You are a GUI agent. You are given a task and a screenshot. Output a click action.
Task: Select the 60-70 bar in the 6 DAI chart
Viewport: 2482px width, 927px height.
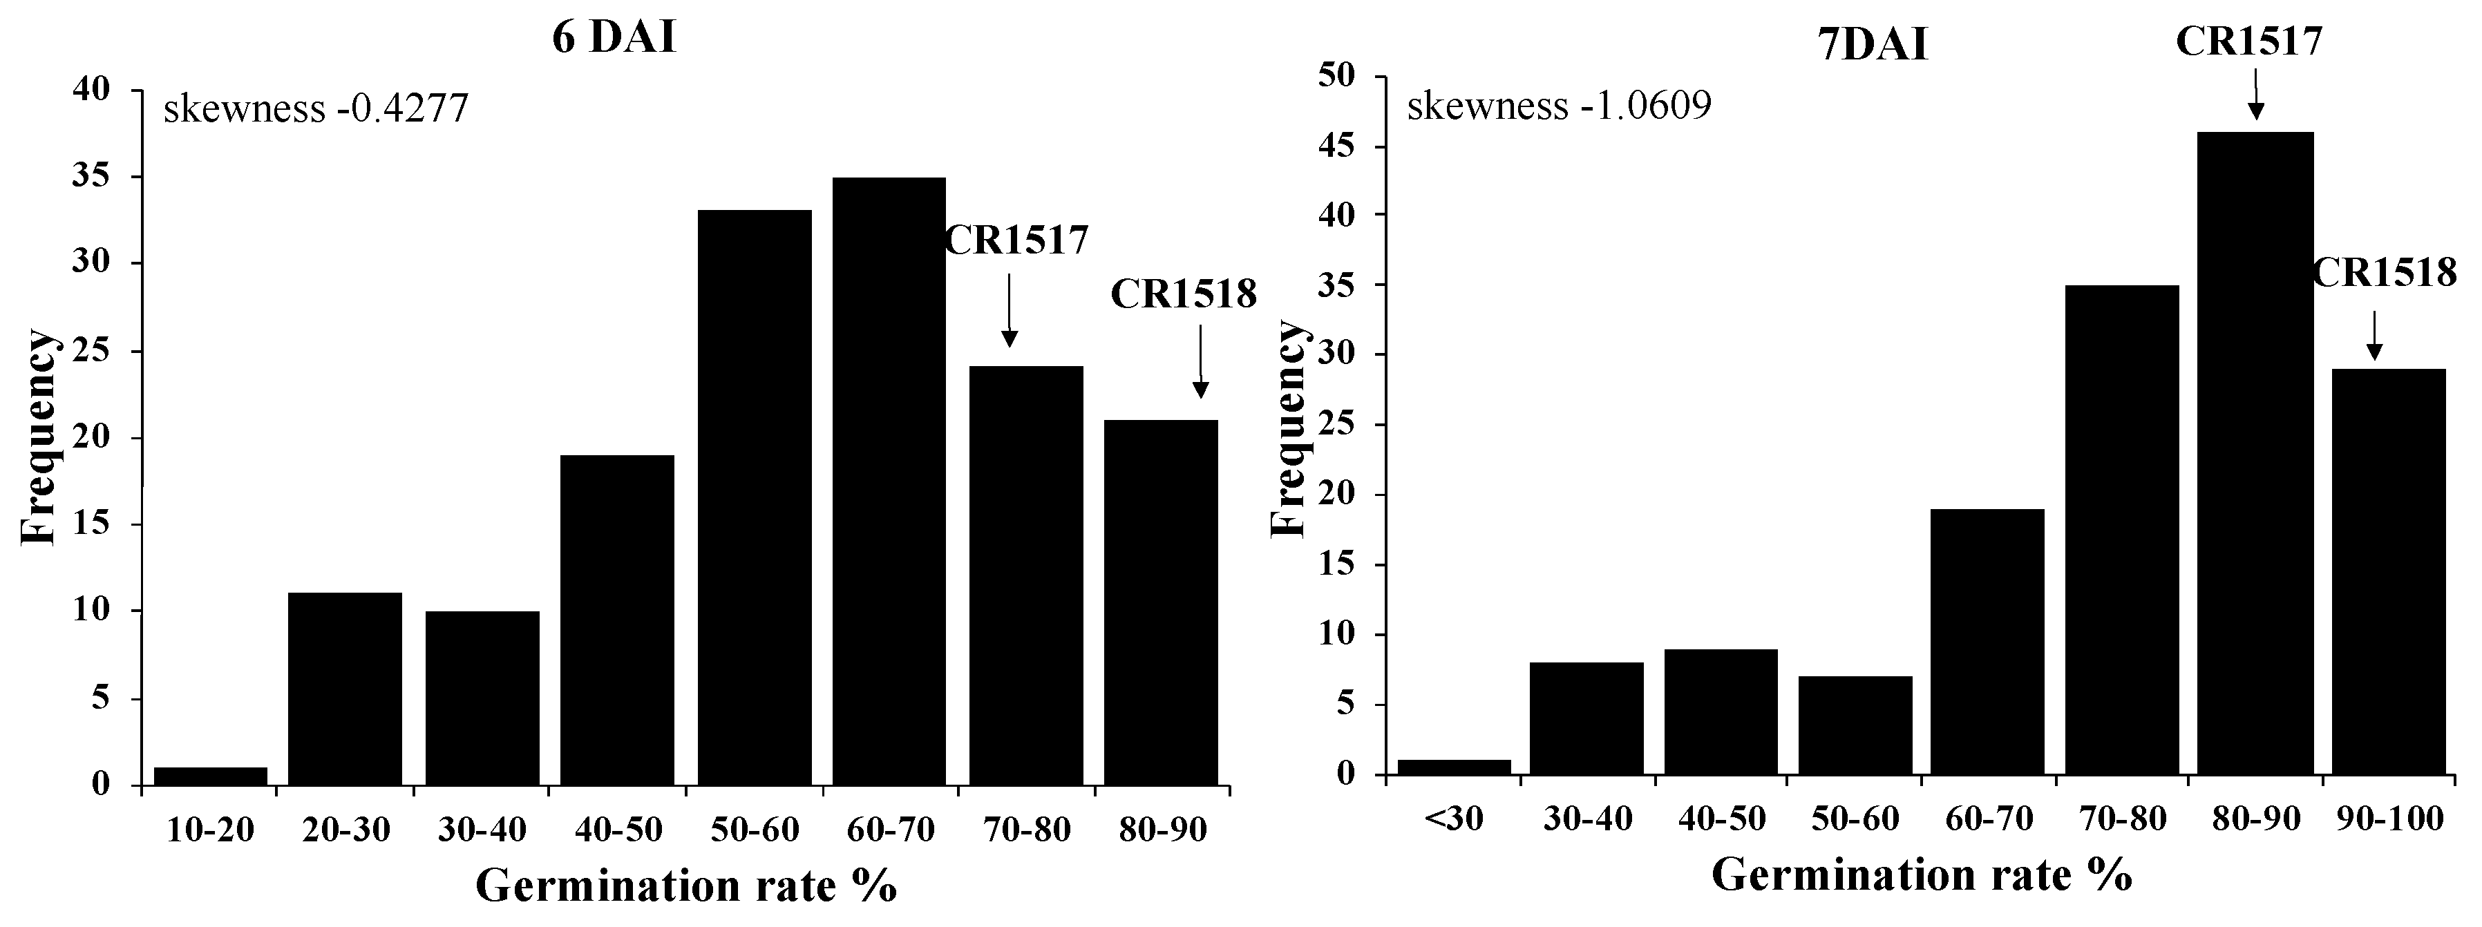(x=889, y=482)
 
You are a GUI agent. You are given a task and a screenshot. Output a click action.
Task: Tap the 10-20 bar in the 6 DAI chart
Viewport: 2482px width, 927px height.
(x=210, y=776)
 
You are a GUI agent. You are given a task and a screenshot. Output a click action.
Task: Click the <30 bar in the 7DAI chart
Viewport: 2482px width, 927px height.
(x=1453, y=767)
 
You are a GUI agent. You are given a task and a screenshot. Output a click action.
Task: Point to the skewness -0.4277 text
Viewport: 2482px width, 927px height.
(x=316, y=110)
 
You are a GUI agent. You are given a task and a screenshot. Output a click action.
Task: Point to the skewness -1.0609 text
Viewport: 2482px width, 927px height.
(x=1559, y=105)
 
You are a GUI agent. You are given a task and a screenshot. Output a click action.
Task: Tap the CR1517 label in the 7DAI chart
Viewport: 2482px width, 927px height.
(x=2249, y=42)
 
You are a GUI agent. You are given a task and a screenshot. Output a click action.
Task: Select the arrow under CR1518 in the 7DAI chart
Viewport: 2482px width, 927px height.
(x=2373, y=334)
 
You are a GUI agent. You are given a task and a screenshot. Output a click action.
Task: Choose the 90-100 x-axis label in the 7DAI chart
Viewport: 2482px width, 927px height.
(x=2389, y=819)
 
